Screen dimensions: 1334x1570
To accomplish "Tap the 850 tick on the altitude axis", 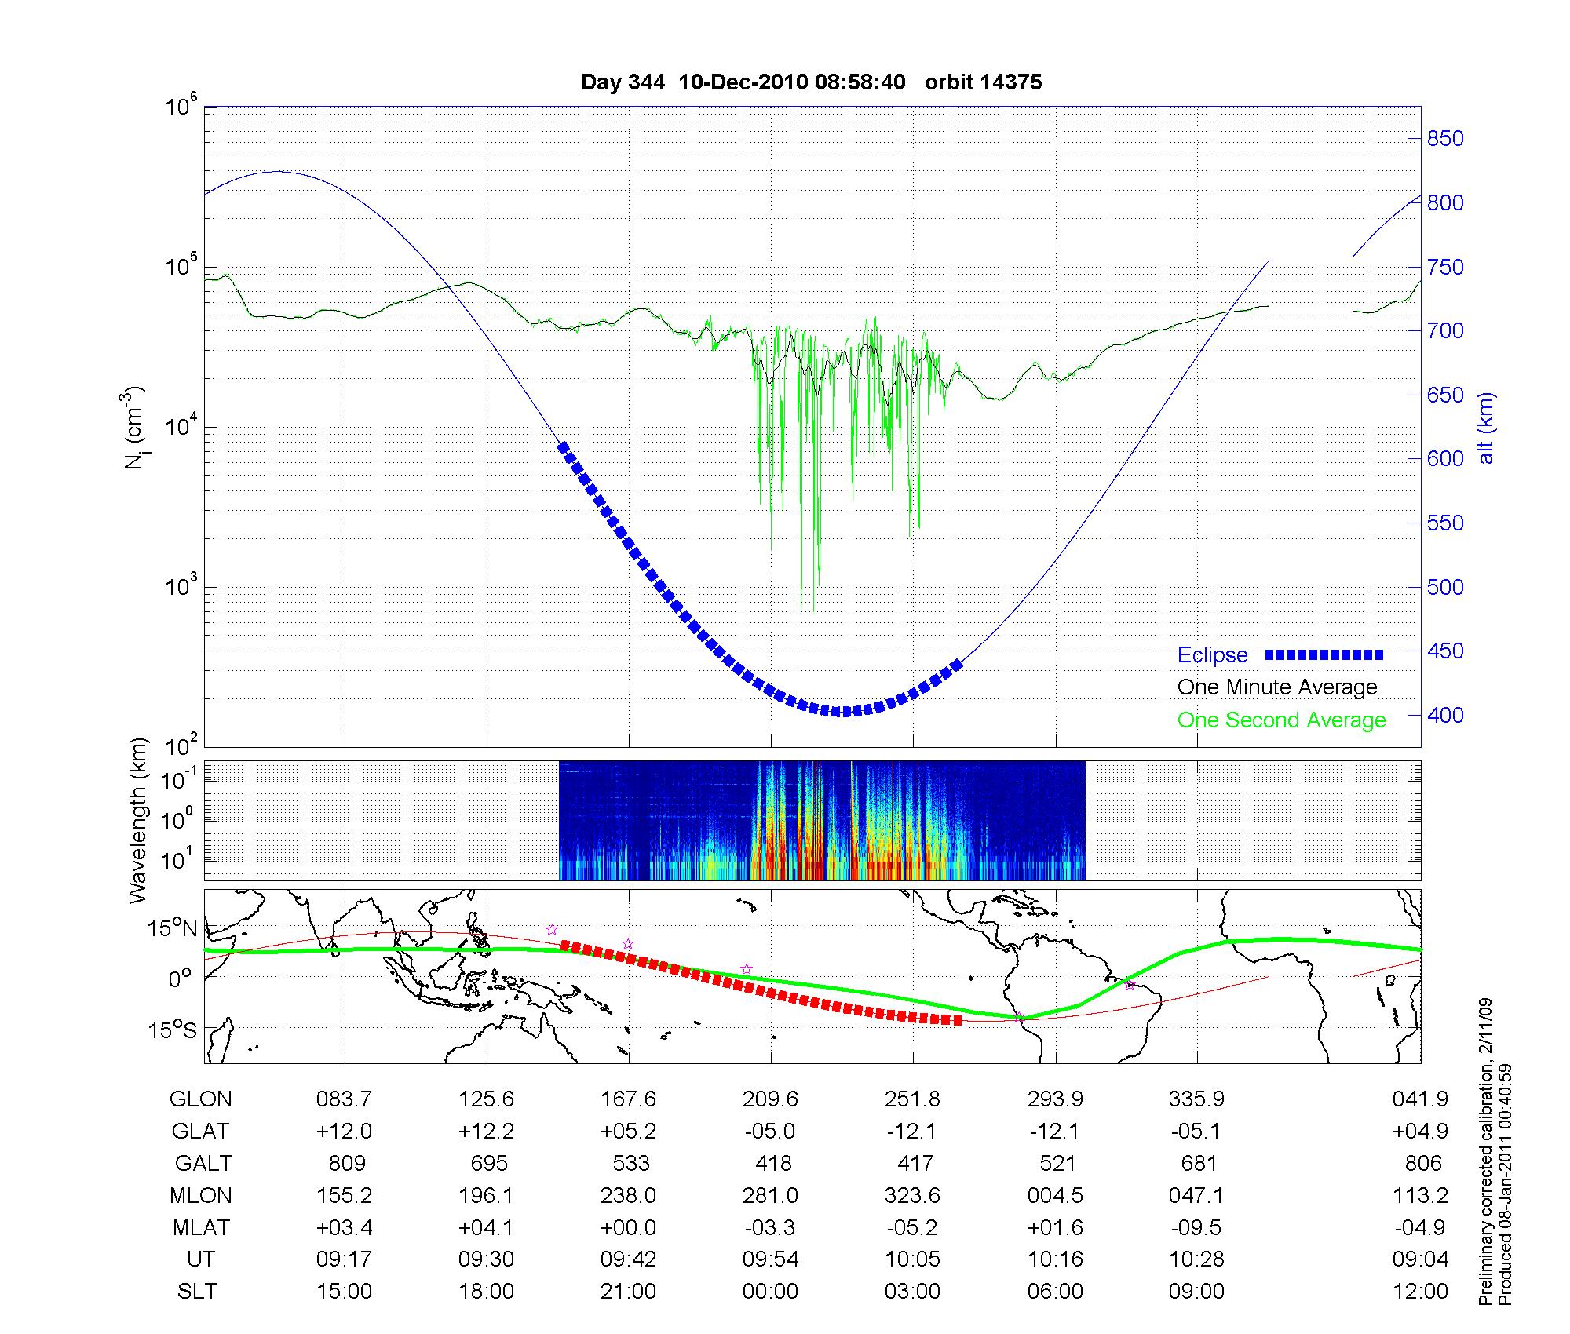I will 1445,139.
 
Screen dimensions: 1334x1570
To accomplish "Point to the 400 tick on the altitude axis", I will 1445,715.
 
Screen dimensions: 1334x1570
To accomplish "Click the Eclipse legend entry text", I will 1212,655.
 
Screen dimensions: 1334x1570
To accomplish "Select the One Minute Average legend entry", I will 1277,687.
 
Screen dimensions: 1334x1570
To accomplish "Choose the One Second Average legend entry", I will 1281,720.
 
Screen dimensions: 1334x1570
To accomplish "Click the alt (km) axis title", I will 1486,428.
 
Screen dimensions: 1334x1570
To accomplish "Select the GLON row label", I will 201,1099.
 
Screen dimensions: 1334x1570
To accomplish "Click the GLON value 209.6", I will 770,1099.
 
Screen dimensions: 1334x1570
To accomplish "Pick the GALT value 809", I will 347,1163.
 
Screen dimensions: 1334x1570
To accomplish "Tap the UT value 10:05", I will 912,1259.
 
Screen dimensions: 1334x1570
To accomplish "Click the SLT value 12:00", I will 1420,1292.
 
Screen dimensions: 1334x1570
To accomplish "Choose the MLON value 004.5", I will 1055,1195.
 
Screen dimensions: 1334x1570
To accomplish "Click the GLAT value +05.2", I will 628,1131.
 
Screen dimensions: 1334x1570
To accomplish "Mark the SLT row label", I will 197,1292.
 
